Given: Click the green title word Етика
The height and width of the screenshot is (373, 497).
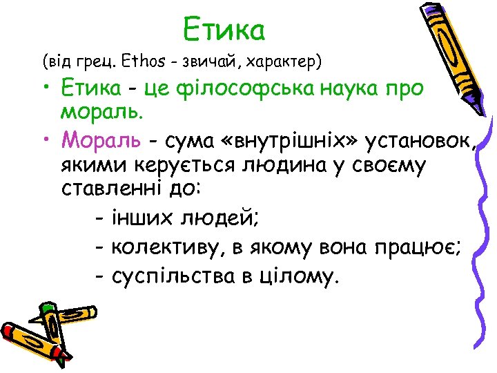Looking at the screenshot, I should click(x=224, y=29).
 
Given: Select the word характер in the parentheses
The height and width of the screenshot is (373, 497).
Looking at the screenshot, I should click(x=284, y=62).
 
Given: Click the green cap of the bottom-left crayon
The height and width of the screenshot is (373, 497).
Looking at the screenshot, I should click(x=47, y=308).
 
